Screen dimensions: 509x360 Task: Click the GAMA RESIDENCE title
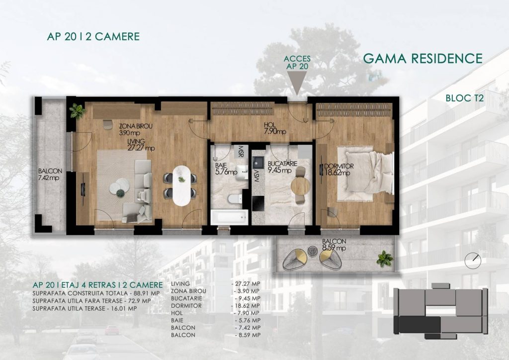(x=423, y=59)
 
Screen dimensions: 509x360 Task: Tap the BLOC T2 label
(x=465, y=98)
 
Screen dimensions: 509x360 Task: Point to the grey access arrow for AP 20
(x=297, y=83)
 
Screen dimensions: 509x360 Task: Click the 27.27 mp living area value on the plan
(x=141, y=148)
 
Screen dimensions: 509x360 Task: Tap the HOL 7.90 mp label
(x=274, y=128)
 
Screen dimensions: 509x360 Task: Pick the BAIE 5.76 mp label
(x=226, y=169)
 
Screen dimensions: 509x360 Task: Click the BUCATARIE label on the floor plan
(x=282, y=164)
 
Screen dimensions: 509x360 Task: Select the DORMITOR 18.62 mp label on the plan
(x=339, y=170)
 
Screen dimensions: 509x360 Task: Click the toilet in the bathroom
(x=235, y=198)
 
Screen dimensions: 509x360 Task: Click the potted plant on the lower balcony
(x=385, y=259)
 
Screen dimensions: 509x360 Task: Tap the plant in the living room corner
(x=77, y=111)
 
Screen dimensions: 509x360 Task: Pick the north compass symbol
(x=473, y=261)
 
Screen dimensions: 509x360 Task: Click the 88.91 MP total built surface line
(x=96, y=293)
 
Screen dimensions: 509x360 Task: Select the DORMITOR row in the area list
(x=215, y=306)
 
